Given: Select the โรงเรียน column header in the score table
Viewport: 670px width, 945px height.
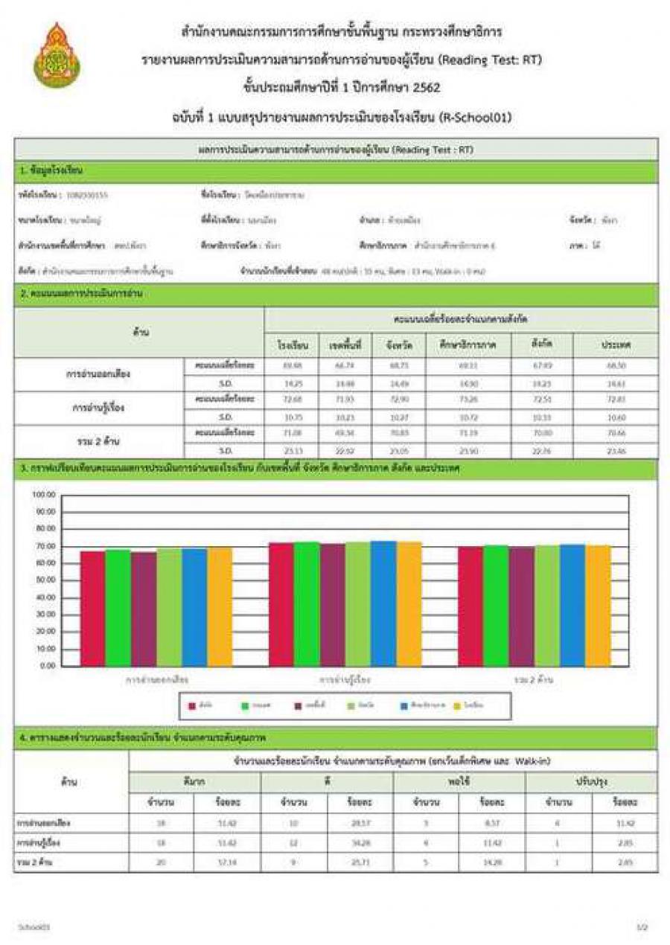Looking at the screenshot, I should tap(287, 346).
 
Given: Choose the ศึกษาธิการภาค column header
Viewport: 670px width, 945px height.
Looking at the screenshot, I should tap(468, 346).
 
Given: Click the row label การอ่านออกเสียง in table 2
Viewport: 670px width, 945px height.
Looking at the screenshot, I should tap(98, 374).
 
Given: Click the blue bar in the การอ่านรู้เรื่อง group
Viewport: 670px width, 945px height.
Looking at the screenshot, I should tap(383, 603).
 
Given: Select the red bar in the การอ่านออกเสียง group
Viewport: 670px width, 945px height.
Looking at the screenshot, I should tap(92, 608).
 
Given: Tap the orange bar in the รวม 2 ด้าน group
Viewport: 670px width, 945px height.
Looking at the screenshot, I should tap(598, 606).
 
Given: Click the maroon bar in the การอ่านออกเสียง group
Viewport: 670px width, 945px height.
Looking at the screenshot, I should tap(143, 609).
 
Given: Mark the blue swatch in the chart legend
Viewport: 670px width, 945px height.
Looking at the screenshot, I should tap(403, 705).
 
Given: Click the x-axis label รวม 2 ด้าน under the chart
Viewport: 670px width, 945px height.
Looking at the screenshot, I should tap(534, 680).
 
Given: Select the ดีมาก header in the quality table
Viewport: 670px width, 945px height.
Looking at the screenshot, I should tap(194, 782).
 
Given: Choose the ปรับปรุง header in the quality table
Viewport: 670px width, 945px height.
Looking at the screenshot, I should tap(592, 782).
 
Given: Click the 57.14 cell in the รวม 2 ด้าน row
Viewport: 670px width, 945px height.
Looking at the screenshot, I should tap(227, 862).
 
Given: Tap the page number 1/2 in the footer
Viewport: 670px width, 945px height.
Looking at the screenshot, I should tap(642, 927).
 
